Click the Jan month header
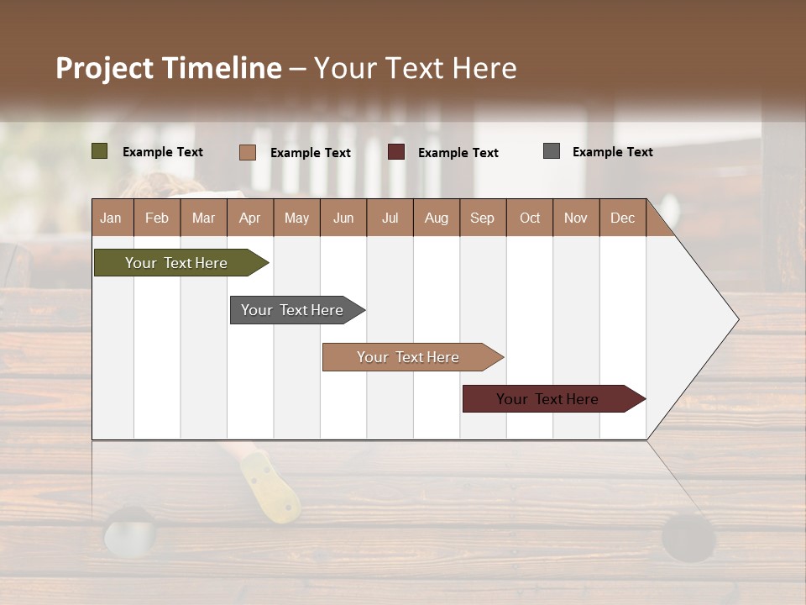pyautogui.click(x=112, y=218)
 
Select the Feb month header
pyautogui.click(x=157, y=218)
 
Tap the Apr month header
pyautogui.click(x=250, y=218)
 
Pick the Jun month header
pyautogui.click(x=343, y=218)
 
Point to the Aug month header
pyautogui.click(x=437, y=218)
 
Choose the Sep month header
pyautogui.click(x=483, y=218)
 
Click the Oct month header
pyautogui.click(x=530, y=218)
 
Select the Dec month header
pyautogui.click(x=623, y=218)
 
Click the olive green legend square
pyautogui.click(x=100, y=151)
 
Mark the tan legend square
pyautogui.click(x=247, y=152)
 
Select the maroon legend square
pyautogui.click(x=396, y=152)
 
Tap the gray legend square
pyautogui.click(x=552, y=151)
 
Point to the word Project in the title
pyautogui.click(x=104, y=68)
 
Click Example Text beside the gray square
pyautogui.click(x=612, y=152)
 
